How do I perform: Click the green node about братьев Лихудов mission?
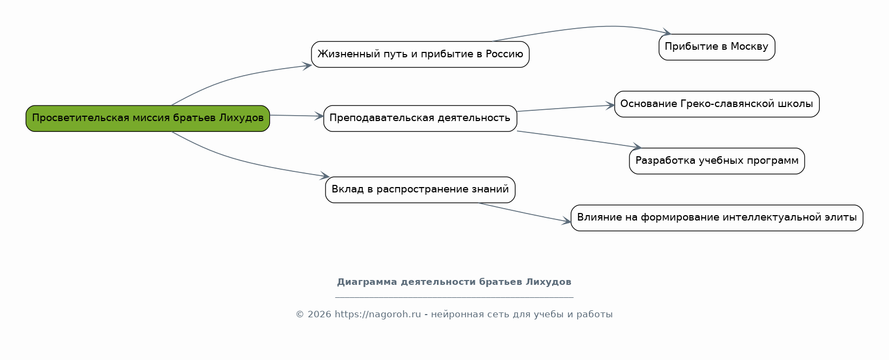coord(148,118)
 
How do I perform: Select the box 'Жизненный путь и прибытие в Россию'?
coord(420,55)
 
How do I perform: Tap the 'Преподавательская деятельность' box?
coord(420,118)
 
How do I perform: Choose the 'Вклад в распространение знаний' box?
coord(420,190)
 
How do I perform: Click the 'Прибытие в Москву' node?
coord(716,47)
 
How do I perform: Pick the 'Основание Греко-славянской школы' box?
coord(716,104)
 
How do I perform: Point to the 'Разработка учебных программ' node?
coord(716,161)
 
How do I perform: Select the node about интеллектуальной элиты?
coord(716,218)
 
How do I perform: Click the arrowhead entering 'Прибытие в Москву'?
coord(667,32)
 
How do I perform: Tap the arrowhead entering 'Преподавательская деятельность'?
coord(319,116)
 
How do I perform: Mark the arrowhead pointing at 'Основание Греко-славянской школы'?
coord(610,105)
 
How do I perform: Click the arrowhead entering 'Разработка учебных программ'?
coord(636,146)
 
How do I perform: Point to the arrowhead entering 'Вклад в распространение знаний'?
coord(325,176)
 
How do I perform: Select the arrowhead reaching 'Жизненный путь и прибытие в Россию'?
coord(307,65)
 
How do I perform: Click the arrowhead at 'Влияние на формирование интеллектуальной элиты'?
coord(566,221)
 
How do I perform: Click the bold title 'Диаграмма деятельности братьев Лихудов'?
coord(454,282)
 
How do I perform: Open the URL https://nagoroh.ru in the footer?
coord(377,315)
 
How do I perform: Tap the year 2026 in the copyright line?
coord(319,315)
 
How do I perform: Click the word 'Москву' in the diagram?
coord(749,47)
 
